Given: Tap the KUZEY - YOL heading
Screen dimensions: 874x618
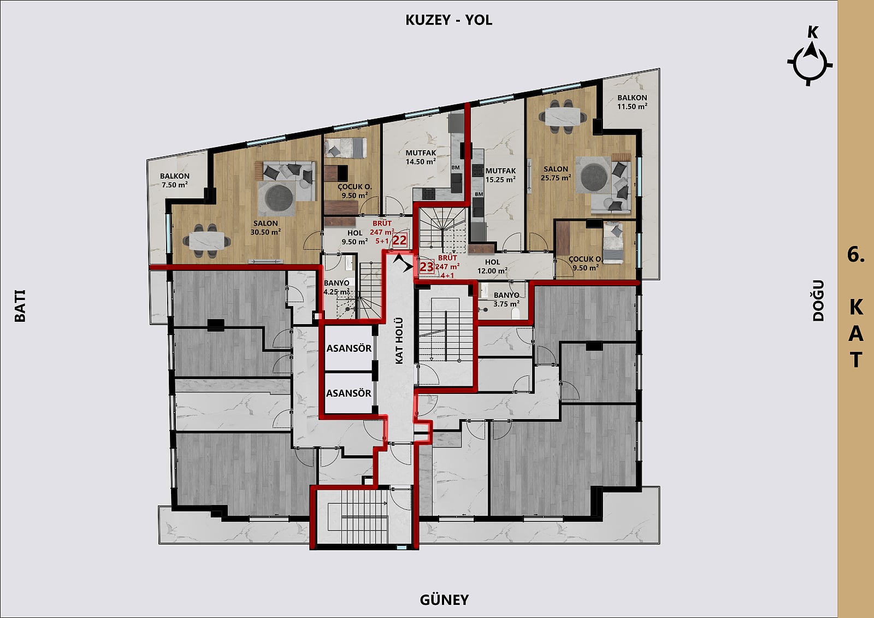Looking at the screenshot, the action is click(x=448, y=20).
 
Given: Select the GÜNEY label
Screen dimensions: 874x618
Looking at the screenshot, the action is click(x=444, y=600).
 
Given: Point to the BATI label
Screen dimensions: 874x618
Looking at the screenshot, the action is click(x=20, y=305).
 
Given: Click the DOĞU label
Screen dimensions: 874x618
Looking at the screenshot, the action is click(x=818, y=301).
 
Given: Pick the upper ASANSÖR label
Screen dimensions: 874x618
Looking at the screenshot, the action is click(x=349, y=348).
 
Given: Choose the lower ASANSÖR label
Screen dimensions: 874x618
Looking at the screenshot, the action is click(x=349, y=393).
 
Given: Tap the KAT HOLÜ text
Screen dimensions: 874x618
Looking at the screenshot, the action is click(x=399, y=341).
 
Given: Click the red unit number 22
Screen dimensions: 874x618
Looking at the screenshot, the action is click(x=399, y=240).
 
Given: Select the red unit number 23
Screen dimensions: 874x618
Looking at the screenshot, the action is click(x=427, y=267).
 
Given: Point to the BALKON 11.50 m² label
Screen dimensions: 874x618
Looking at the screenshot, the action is click(x=632, y=102).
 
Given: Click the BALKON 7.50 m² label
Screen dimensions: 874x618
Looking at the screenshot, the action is click(x=174, y=180).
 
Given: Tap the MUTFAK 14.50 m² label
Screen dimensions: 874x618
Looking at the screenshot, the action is click(x=421, y=157).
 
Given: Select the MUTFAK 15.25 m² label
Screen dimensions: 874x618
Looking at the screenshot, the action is click(x=500, y=175).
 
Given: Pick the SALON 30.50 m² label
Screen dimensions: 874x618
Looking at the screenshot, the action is click(x=265, y=228).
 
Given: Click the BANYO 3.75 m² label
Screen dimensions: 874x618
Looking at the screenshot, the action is click(x=506, y=299).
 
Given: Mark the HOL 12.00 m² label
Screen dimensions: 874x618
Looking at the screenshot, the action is click(x=492, y=266).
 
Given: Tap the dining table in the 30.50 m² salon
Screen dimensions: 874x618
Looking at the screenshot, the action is click(x=206, y=241).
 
